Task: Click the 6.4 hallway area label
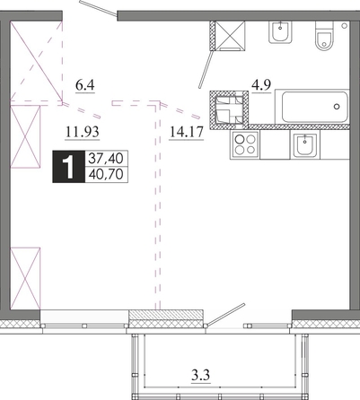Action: [x=85, y=85]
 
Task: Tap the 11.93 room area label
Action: [x=83, y=132]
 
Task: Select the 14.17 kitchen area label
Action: [x=187, y=132]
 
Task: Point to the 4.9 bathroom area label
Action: [x=261, y=85]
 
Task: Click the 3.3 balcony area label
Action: [x=201, y=374]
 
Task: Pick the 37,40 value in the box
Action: [x=106, y=158]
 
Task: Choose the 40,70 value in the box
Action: [x=106, y=175]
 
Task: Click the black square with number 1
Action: [x=69, y=167]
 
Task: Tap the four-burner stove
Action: [x=245, y=144]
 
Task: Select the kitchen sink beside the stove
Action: [x=304, y=145]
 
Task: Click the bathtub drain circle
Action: [x=337, y=106]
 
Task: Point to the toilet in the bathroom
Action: [x=324, y=36]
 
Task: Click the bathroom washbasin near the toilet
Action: [x=280, y=32]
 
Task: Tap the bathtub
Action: [x=312, y=107]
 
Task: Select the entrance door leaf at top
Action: [x=98, y=8]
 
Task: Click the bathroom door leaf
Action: [x=206, y=69]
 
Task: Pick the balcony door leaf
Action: [x=226, y=314]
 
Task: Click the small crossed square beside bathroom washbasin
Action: [x=230, y=35]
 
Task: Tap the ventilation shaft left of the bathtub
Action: [x=229, y=110]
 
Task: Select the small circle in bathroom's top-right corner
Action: [x=344, y=25]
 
